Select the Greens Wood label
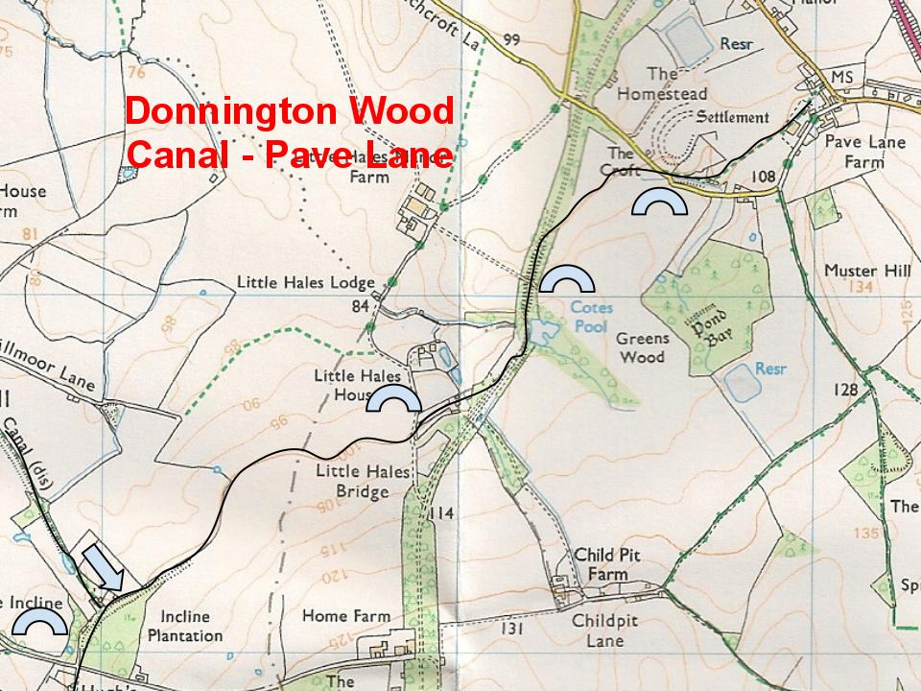coord(641,347)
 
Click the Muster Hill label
coord(867,272)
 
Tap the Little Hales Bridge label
coord(352,482)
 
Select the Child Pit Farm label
coord(605,564)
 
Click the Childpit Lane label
coord(605,631)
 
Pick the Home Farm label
coord(346,616)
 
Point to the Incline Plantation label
coord(192,626)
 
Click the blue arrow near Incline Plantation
coord(103,568)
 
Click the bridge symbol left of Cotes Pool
coord(566,278)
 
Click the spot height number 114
coord(440,513)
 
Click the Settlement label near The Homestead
coord(732,118)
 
